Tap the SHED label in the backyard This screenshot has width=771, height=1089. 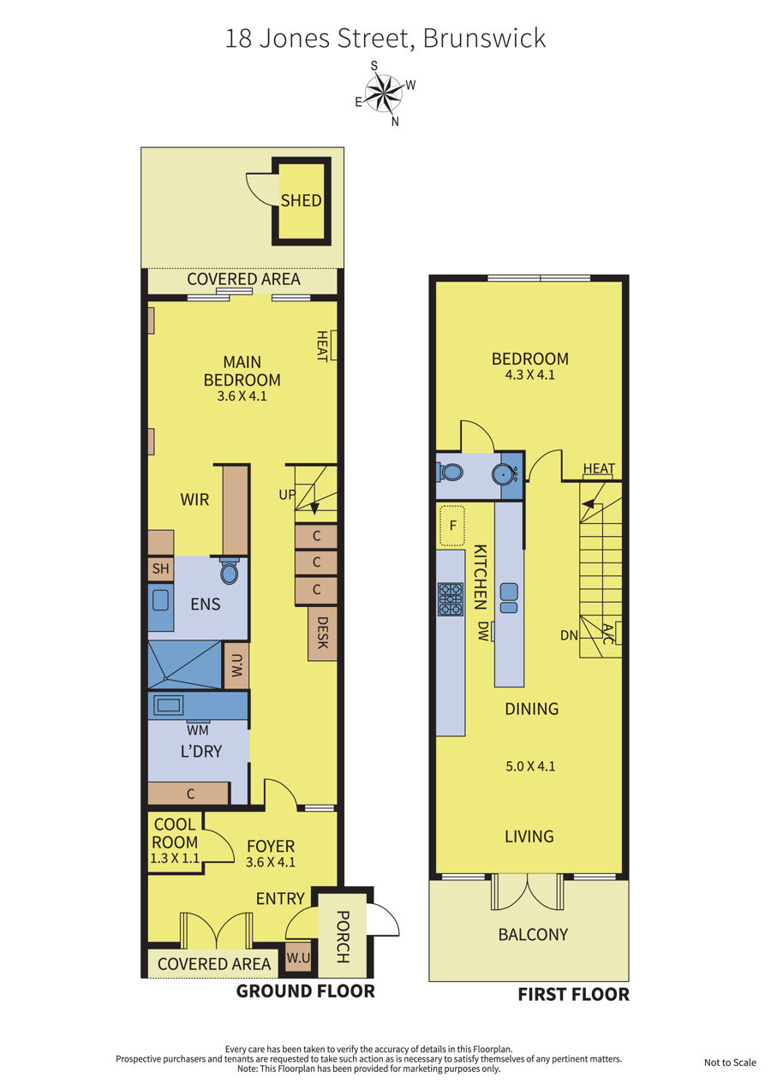point(301,200)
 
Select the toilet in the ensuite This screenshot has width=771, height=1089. point(229,571)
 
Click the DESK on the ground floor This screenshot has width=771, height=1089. point(322,633)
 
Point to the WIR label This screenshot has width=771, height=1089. point(194,499)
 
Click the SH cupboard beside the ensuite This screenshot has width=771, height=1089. point(160,568)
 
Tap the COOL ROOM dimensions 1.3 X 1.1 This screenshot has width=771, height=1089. point(175,858)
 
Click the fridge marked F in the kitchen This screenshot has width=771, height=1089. point(452,526)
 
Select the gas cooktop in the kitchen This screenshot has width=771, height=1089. point(451,599)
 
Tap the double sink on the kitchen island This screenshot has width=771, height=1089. point(509,598)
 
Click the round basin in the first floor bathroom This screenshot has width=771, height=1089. point(504,473)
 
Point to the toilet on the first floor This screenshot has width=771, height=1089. point(450,472)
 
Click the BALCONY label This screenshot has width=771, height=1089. point(533,934)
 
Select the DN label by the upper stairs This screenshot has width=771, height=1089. point(569,635)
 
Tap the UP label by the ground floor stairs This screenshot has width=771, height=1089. point(286,495)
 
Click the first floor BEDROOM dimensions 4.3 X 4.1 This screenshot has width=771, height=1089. point(529,375)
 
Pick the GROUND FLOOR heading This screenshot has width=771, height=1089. point(306,991)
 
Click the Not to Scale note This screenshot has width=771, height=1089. point(730,1062)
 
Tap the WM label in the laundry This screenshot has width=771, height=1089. point(198,730)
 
